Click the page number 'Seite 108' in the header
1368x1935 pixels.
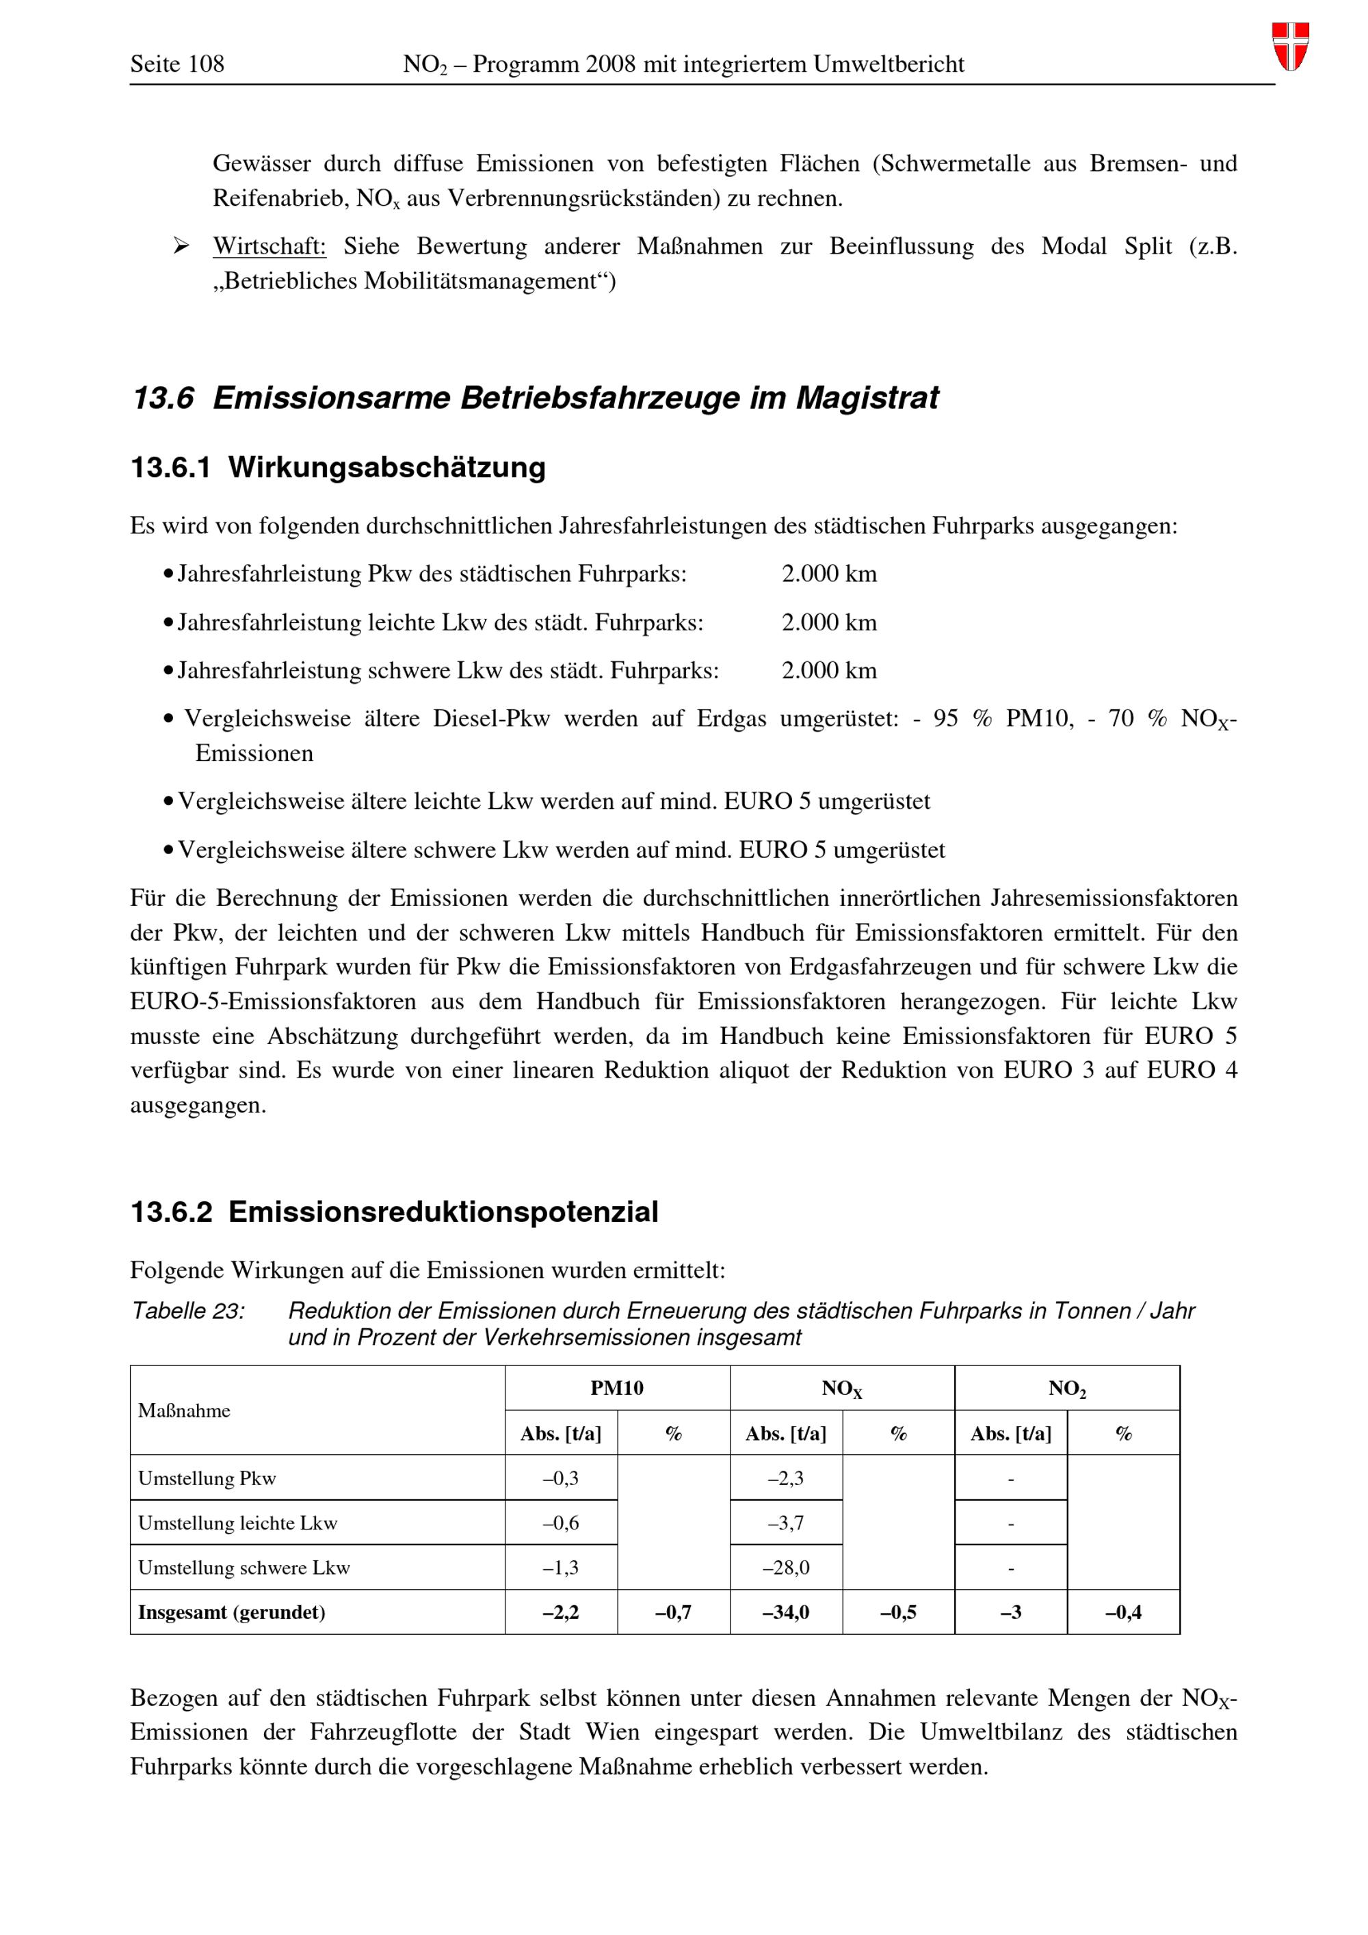[177, 64]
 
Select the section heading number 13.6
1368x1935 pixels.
[163, 398]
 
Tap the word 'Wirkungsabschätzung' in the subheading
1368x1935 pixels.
[387, 467]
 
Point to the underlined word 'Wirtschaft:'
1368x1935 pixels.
[269, 246]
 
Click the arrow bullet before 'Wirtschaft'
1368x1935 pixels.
[181, 246]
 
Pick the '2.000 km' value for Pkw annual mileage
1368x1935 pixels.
[828, 574]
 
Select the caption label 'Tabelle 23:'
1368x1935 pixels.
[188, 1311]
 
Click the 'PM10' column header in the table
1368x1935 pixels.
[617, 1388]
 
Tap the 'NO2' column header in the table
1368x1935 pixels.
[1067, 1389]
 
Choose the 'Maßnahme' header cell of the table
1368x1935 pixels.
[185, 1411]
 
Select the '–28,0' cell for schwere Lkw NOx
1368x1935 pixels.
[785, 1568]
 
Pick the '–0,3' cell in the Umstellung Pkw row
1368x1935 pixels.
[560, 1478]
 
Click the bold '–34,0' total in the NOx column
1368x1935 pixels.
[785, 1612]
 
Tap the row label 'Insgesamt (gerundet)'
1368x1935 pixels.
[232, 1612]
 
